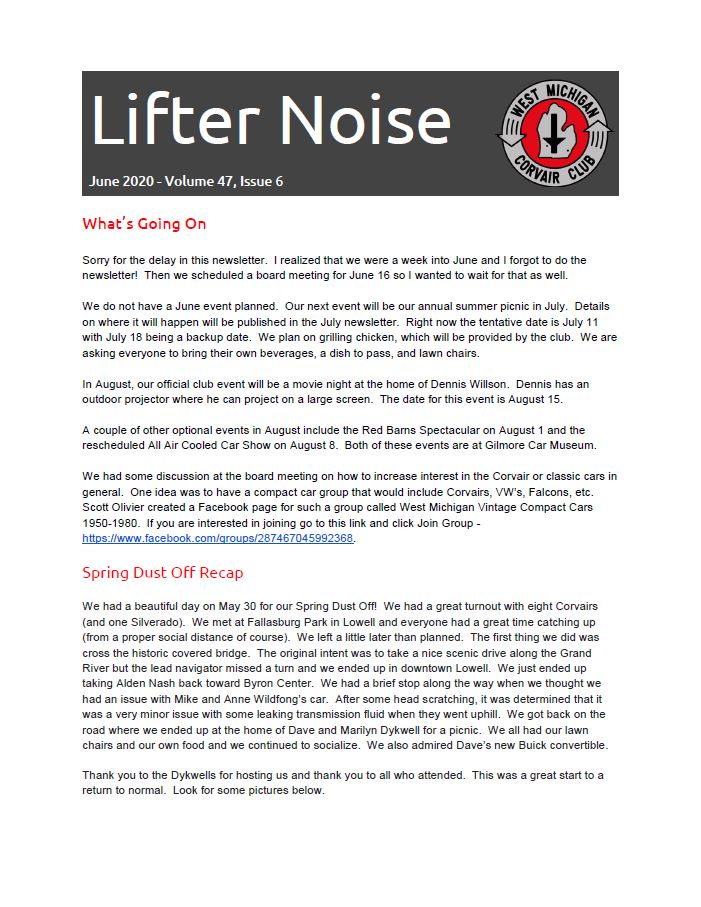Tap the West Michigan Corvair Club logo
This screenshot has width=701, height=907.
pos(555,133)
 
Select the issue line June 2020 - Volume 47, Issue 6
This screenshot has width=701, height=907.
pos(185,181)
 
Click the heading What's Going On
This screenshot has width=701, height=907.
pos(144,223)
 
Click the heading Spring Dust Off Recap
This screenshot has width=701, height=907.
pos(162,573)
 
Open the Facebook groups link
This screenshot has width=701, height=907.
pos(218,538)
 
